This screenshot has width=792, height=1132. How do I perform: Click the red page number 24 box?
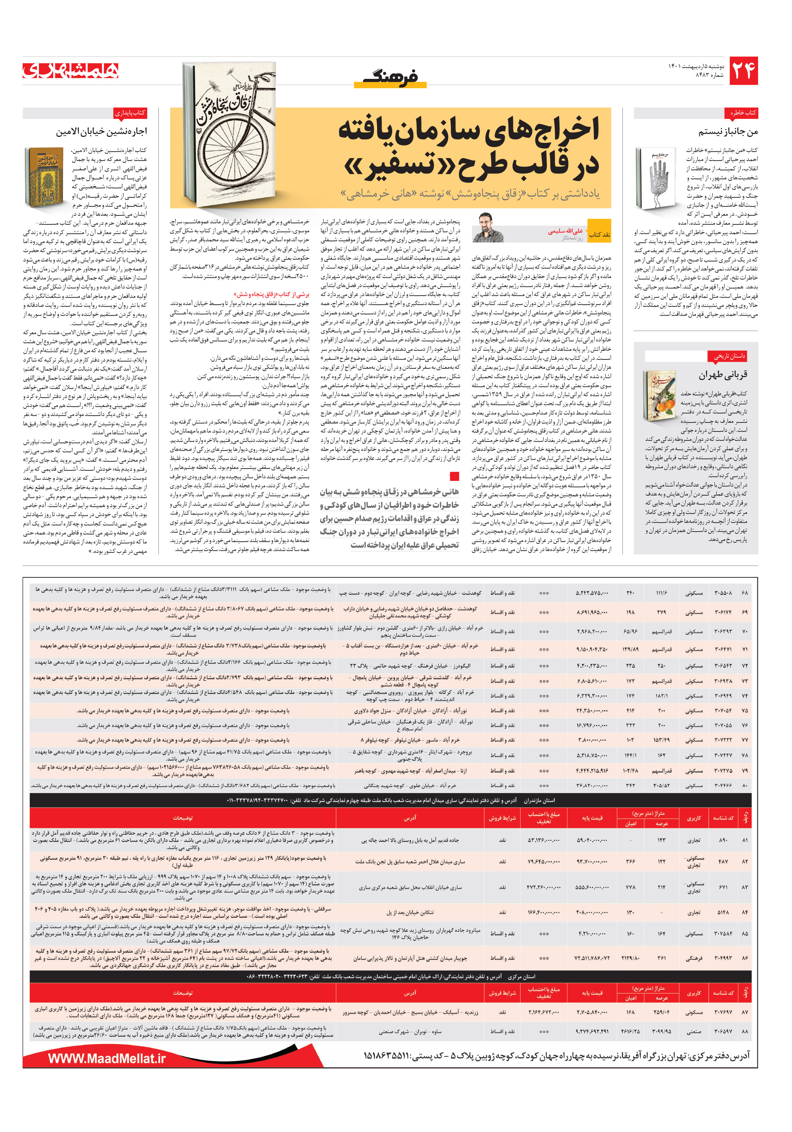[743, 71]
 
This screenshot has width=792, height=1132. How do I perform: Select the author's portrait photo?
[487, 227]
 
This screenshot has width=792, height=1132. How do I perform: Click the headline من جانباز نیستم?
[728, 132]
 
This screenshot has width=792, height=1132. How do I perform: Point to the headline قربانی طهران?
[722, 375]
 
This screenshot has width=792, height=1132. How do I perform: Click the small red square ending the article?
[454, 476]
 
